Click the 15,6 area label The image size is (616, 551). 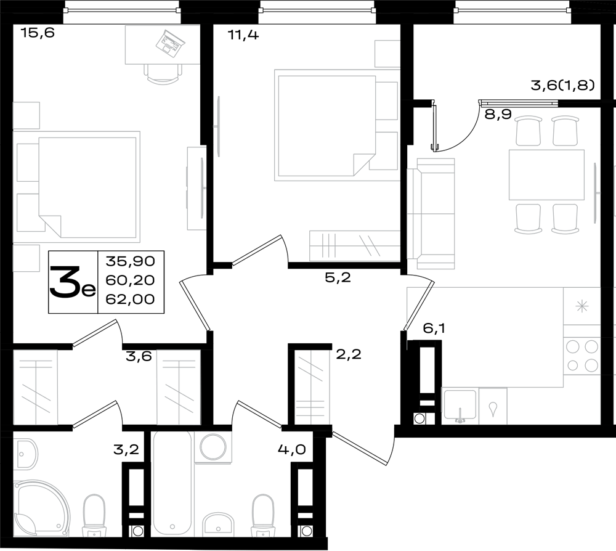[38, 33]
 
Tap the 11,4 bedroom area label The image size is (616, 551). [243, 35]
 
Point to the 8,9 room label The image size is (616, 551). [498, 115]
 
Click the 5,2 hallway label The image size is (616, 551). [338, 278]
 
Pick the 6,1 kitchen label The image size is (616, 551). [434, 328]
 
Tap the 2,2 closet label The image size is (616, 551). [349, 354]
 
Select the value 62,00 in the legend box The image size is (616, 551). [130, 299]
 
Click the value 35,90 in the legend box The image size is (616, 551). [130, 261]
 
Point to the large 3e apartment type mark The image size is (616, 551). [73, 282]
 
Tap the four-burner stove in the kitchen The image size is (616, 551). [582, 356]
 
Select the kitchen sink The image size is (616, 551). [460, 406]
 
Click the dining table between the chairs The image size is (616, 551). [546, 174]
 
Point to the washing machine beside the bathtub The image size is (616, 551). [213, 447]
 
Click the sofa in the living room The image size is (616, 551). [431, 214]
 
